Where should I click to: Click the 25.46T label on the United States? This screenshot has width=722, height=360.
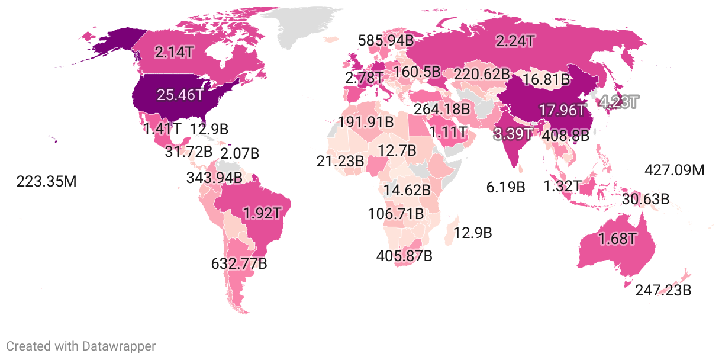(180, 95)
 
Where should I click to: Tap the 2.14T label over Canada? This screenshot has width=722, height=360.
(173, 52)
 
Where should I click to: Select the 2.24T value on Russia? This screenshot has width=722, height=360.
(515, 41)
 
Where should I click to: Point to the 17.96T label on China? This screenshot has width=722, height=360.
(562, 111)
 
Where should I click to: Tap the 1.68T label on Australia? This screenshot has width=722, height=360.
(617, 240)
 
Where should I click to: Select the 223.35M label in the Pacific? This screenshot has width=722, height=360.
(47, 181)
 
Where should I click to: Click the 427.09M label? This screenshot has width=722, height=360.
(674, 171)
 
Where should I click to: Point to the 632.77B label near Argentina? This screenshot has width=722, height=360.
(239, 263)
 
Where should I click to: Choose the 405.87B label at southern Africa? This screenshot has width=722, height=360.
(404, 256)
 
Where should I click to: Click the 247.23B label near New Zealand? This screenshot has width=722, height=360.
(663, 291)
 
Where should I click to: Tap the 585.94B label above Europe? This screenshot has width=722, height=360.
(386, 41)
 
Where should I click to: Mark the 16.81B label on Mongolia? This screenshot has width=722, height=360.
(546, 79)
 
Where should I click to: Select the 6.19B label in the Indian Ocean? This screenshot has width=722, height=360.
(506, 188)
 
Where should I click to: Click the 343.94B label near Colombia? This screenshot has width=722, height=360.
(214, 178)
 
